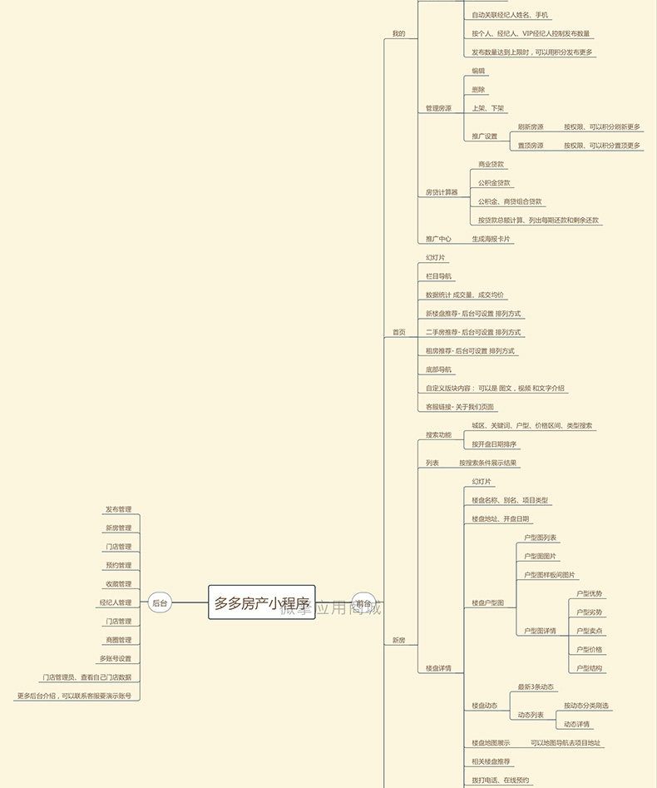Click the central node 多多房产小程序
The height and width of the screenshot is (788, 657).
pos(261,602)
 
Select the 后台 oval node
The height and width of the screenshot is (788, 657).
pos(160,602)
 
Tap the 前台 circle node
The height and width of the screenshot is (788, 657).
pos(363,602)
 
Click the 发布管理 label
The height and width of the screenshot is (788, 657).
pos(118,509)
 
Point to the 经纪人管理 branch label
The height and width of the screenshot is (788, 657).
pos(115,602)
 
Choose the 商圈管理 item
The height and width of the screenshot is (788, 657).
pos(118,640)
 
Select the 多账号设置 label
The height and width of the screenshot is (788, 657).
pos(115,658)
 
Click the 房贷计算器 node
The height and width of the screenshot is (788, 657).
pos(442,192)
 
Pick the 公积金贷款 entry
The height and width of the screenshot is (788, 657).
pos(494,183)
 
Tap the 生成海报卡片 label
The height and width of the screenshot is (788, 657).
pos(492,239)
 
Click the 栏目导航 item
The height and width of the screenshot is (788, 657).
pos(439,276)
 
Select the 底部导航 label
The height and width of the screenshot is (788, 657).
pos(439,369)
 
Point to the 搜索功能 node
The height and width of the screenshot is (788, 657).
pos(439,434)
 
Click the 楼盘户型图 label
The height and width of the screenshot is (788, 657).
pos(488,602)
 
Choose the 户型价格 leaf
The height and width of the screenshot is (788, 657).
pos(590,649)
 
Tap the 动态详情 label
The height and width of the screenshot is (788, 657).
pos(576,724)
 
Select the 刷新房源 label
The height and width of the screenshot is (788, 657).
pos(531,126)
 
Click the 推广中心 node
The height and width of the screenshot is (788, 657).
pos(438,239)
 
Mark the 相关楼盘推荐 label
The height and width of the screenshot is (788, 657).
pos(492,761)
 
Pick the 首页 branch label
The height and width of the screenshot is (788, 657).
pos(399,332)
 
